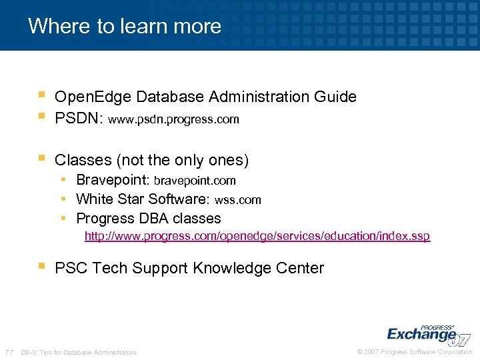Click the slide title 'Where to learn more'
click(x=125, y=26)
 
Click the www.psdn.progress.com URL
click(x=173, y=120)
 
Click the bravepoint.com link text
click(x=195, y=181)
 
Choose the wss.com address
click(x=237, y=199)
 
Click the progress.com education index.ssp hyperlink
click(x=257, y=237)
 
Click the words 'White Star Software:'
click(x=143, y=199)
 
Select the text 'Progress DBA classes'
click(x=149, y=218)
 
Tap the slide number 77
click(x=9, y=352)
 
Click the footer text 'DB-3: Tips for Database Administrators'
click(x=79, y=352)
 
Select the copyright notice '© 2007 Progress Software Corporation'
click(x=415, y=351)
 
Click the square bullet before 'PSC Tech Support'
click(x=41, y=267)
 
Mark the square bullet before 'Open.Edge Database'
click(x=41, y=95)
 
